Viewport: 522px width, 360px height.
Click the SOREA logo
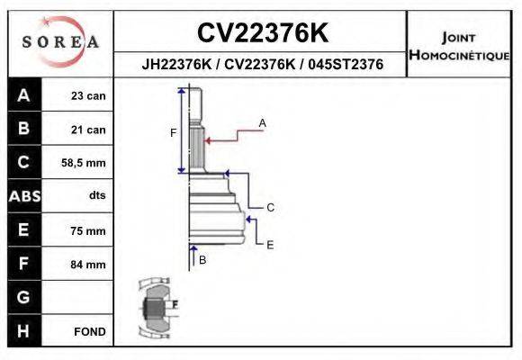pos(60,42)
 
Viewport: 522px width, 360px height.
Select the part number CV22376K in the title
pos(262,32)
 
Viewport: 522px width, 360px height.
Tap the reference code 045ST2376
pos(346,65)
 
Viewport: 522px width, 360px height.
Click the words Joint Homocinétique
pos(459,45)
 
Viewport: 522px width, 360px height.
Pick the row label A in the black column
pos(23,96)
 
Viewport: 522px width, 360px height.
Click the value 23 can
pos(88,96)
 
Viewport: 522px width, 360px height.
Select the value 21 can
pos(88,130)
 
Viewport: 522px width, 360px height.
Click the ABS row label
pos(23,196)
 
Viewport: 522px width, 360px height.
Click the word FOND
pos(90,331)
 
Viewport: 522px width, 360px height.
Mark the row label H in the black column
pos(23,330)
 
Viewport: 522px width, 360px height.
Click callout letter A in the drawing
pos(263,121)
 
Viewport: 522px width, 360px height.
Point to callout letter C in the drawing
pos(270,208)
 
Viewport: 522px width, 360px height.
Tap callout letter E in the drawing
pos(270,244)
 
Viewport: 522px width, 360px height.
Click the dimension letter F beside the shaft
pos(174,133)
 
